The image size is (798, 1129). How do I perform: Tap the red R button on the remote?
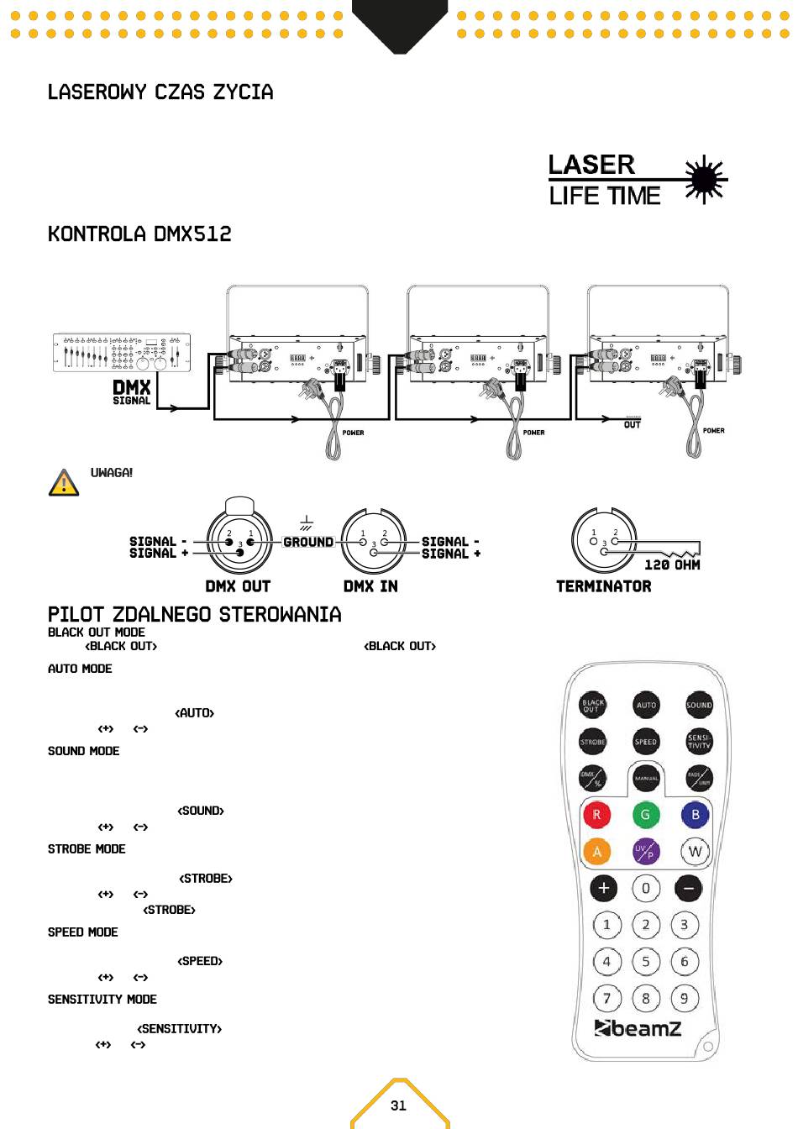596,815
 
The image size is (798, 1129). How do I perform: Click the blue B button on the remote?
695,815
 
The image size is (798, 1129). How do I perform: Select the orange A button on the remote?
596,852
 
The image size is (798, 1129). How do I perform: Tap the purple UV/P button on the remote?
645,852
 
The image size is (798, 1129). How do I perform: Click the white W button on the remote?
695,852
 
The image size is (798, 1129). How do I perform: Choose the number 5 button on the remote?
645,962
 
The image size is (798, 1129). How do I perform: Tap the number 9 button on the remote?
685,999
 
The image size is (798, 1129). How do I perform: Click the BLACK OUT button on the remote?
592,706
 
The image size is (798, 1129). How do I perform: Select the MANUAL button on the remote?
646,779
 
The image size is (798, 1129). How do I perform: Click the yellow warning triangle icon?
64,483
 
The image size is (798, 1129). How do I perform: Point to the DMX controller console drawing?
122,353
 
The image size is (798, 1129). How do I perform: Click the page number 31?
398,1105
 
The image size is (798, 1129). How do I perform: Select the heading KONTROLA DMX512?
139,234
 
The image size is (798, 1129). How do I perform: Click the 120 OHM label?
672,565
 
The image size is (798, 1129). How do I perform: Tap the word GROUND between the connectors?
308,543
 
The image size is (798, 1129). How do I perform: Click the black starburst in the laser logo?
704,180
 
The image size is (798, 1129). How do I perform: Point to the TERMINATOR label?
603,586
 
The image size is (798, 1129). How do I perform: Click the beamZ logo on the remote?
638,1028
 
